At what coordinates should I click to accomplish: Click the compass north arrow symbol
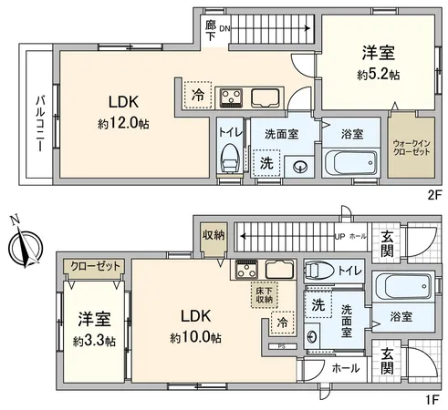(x=24, y=243)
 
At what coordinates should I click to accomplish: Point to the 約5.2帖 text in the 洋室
(x=377, y=76)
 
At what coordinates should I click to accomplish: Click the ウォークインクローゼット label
(x=412, y=148)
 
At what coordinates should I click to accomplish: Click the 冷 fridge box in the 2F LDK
(x=198, y=93)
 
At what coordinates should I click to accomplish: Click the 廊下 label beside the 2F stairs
(x=211, y=28)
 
